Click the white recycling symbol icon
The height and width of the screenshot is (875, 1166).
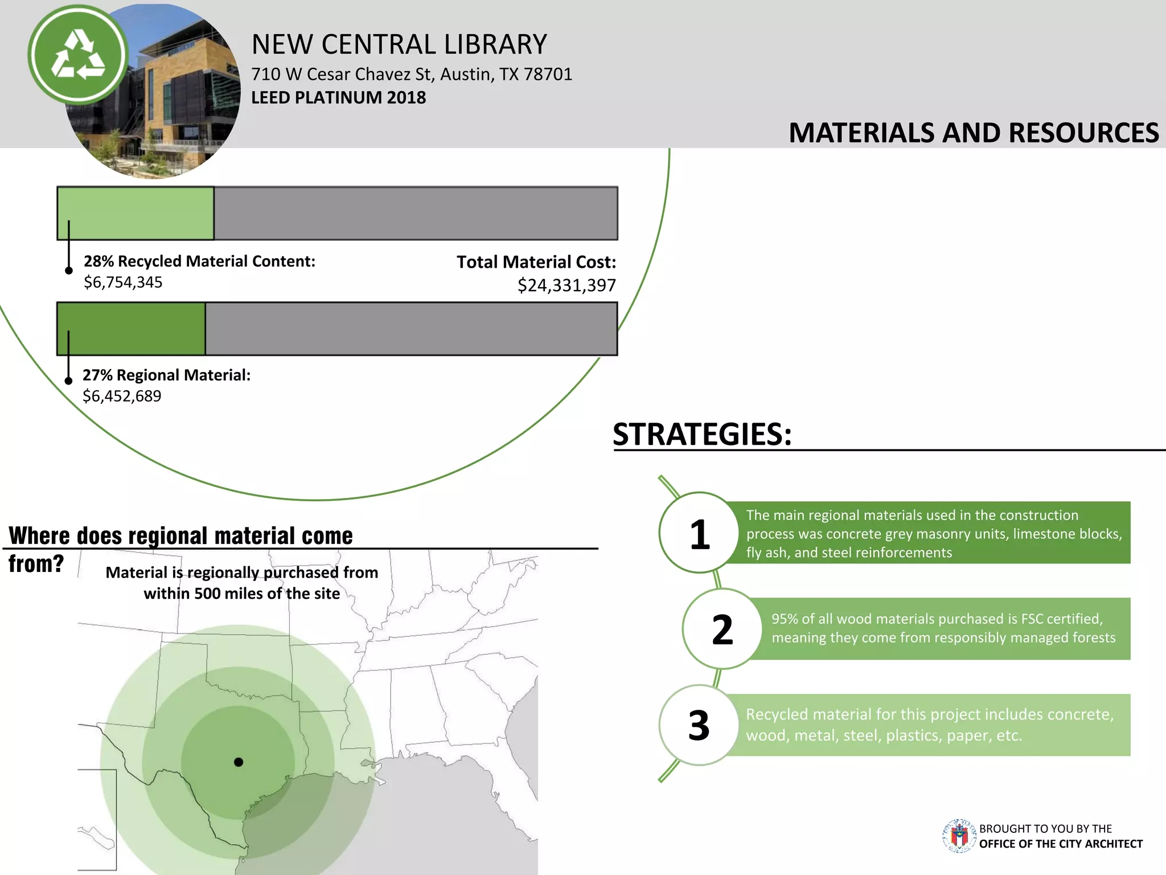78,55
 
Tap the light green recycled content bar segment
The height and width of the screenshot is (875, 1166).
136,213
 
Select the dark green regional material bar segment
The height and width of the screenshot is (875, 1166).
132,329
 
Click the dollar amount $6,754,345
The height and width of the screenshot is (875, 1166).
123,283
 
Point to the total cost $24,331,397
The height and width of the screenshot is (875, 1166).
566,285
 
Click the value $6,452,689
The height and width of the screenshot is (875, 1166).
122,396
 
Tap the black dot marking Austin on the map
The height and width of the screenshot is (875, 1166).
239,762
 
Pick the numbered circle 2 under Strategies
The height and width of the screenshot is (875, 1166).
722,629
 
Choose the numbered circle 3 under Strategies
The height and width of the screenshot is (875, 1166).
699,725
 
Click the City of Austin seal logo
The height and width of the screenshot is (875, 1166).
959,836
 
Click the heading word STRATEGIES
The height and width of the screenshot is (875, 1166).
702,435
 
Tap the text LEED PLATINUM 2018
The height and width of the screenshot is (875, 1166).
338,98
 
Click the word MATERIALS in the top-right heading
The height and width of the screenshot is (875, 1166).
862,133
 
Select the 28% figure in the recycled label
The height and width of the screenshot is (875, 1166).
98,261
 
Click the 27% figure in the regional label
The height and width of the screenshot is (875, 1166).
97,375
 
